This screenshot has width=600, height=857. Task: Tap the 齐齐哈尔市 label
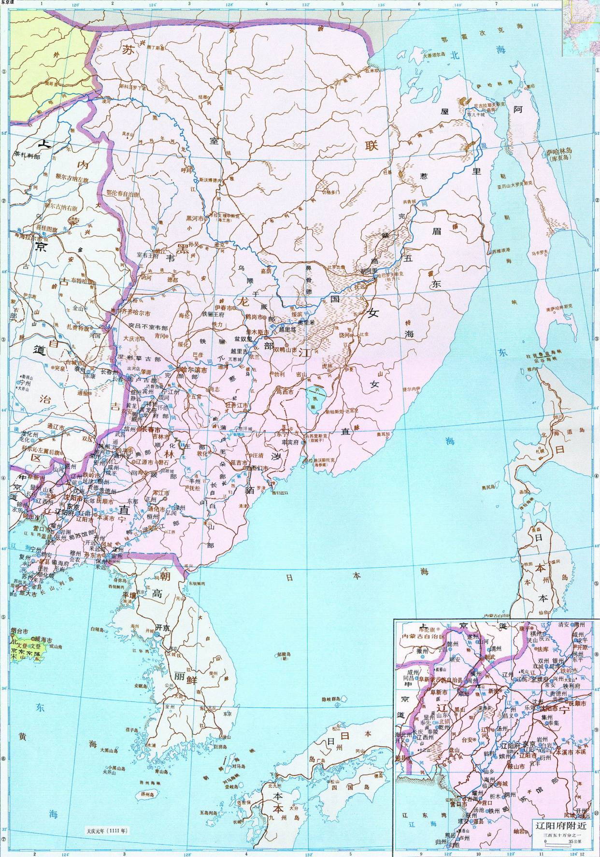pyautogui.click(x=137, y=313)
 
